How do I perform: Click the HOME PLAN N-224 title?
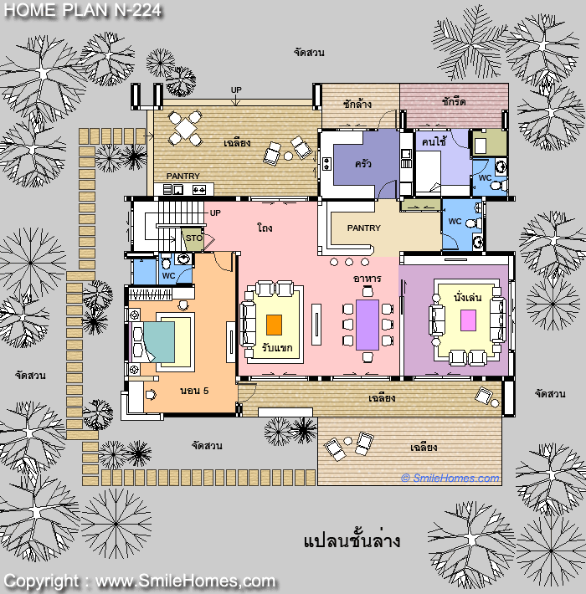tap(83, 10)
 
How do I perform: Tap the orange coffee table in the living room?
tap(274, 325)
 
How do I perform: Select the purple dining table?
tap(368, 325)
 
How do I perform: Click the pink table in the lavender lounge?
tap(468, 320)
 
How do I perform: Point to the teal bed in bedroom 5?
tap(159, 342)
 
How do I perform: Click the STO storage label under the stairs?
tap(194, 238)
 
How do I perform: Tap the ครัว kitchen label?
tap(362, 164)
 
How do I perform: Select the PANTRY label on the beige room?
tap(363, 228)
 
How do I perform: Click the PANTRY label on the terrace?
tap(182, 177)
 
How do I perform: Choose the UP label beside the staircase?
tap(215, 213)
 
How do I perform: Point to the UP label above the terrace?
tap(236, 90)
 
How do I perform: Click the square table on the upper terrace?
tap(185, 129)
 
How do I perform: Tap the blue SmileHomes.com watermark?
tap(450, 478)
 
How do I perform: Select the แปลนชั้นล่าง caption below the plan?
tap(352, 540)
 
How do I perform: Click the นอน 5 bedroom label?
tap(194, 391)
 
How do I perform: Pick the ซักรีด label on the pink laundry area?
tap(454, 101)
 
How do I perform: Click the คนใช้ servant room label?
tap(434, 141)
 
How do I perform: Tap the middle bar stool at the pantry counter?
tap(349, 262)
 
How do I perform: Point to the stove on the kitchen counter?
tap(326, 164)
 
